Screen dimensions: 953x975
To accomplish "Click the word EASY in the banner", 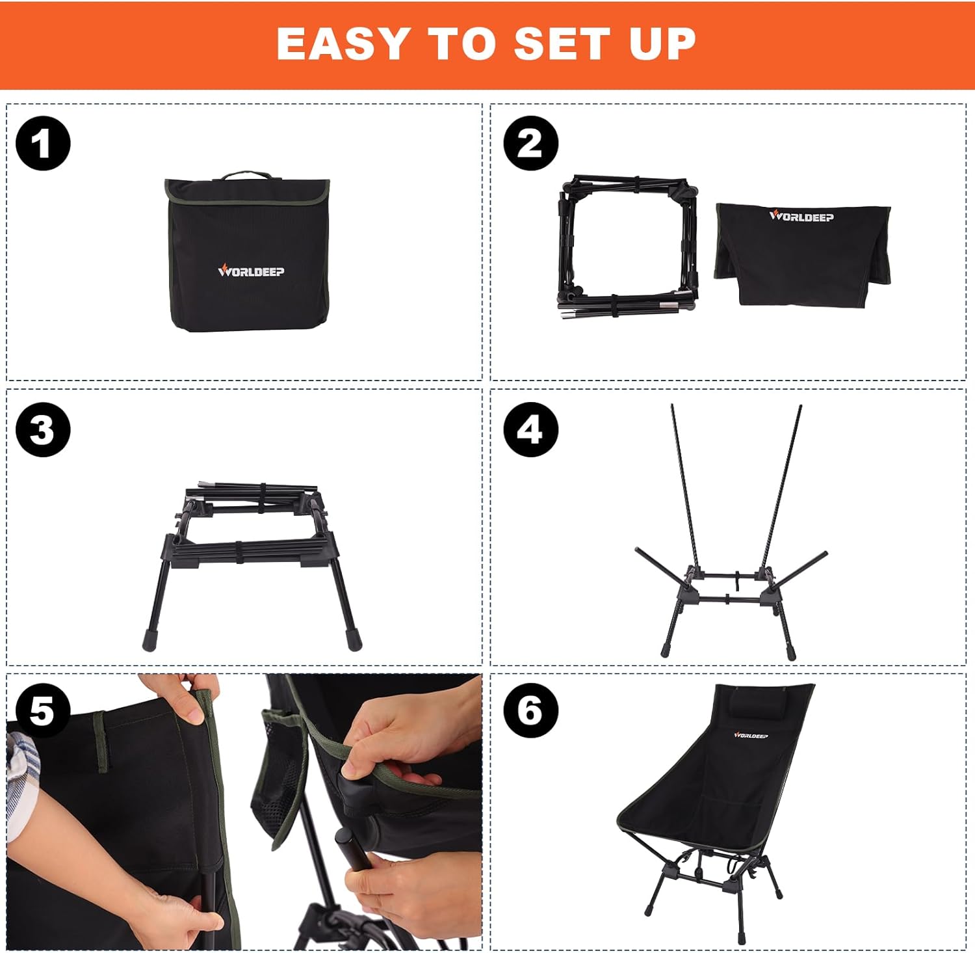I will tap(342, 44).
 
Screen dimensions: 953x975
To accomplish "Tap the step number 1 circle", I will tap(43, 144).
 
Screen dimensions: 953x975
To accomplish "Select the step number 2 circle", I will tap(530, 144).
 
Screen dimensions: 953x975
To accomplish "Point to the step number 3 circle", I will tap(43, 430).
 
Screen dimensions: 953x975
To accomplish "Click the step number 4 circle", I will tap(530, 430).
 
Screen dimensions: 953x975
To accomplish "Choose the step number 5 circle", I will tap(43, 711).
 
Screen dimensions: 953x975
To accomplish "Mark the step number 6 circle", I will tap(530, 711).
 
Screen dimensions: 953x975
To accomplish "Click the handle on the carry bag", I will tap(246, 176).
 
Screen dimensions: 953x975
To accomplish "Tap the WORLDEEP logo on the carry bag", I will tap(251, 271).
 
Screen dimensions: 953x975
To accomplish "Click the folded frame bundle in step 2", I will tap(627, 247).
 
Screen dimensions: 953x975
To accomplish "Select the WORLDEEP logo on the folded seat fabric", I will tap(801, 217).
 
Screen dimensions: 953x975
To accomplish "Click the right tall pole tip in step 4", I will tap(799, 409).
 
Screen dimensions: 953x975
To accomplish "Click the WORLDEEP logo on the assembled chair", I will tap(751, 735).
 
